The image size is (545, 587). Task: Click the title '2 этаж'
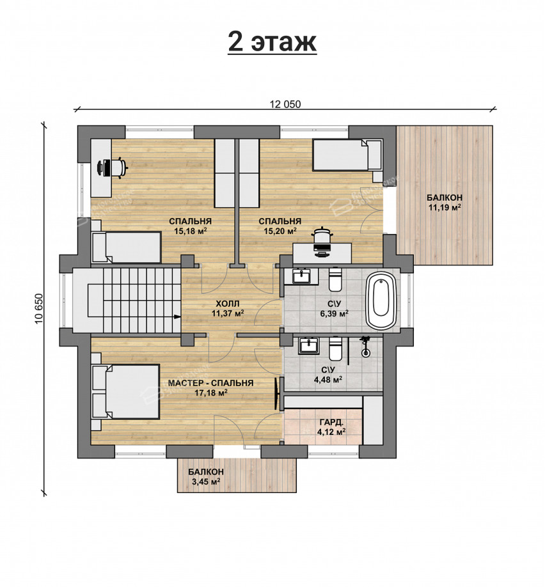point(272,42)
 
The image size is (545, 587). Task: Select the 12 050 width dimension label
point(285,104)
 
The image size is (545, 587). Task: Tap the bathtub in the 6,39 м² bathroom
point(381,299)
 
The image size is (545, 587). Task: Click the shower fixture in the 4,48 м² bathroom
point(365,347)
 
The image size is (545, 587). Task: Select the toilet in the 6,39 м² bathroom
point(335,279)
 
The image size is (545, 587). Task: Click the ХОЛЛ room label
point(227,304)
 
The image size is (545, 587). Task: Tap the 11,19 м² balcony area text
point(445,207)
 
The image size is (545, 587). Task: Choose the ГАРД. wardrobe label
point(331,423)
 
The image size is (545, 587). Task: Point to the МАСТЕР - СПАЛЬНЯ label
point(210,384)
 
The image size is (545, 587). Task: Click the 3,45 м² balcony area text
point(205,481)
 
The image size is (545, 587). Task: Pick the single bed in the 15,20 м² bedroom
point(347,155)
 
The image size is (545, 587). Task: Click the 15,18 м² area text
point(190,231)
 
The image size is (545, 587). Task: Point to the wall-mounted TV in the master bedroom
point(278,393)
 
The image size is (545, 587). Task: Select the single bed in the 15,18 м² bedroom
point(126,247)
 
